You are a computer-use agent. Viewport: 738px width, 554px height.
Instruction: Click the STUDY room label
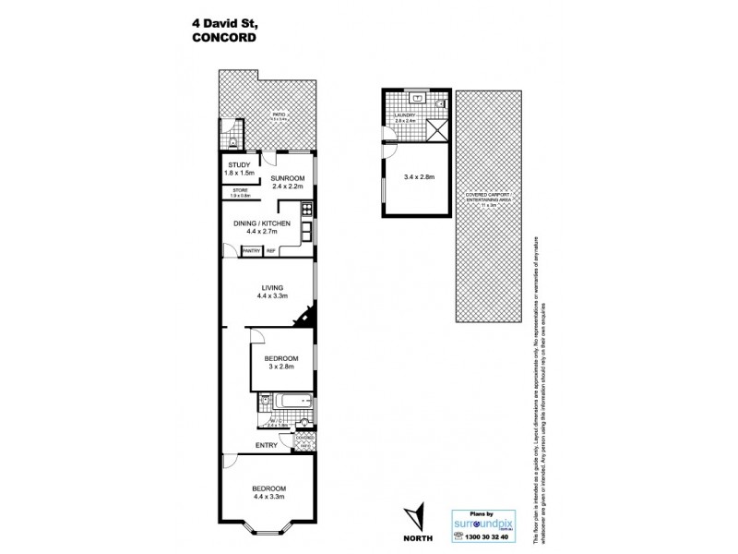point(238,165)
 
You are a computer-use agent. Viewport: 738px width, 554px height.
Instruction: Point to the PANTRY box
point(251,250)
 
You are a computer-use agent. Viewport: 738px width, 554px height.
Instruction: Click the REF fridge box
point(271,250)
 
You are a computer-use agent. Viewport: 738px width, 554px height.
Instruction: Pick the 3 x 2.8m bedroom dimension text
point(280,367)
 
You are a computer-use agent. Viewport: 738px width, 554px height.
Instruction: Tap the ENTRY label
point(267,445)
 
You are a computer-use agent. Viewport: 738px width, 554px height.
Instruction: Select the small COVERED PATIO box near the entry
point(304,438)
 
